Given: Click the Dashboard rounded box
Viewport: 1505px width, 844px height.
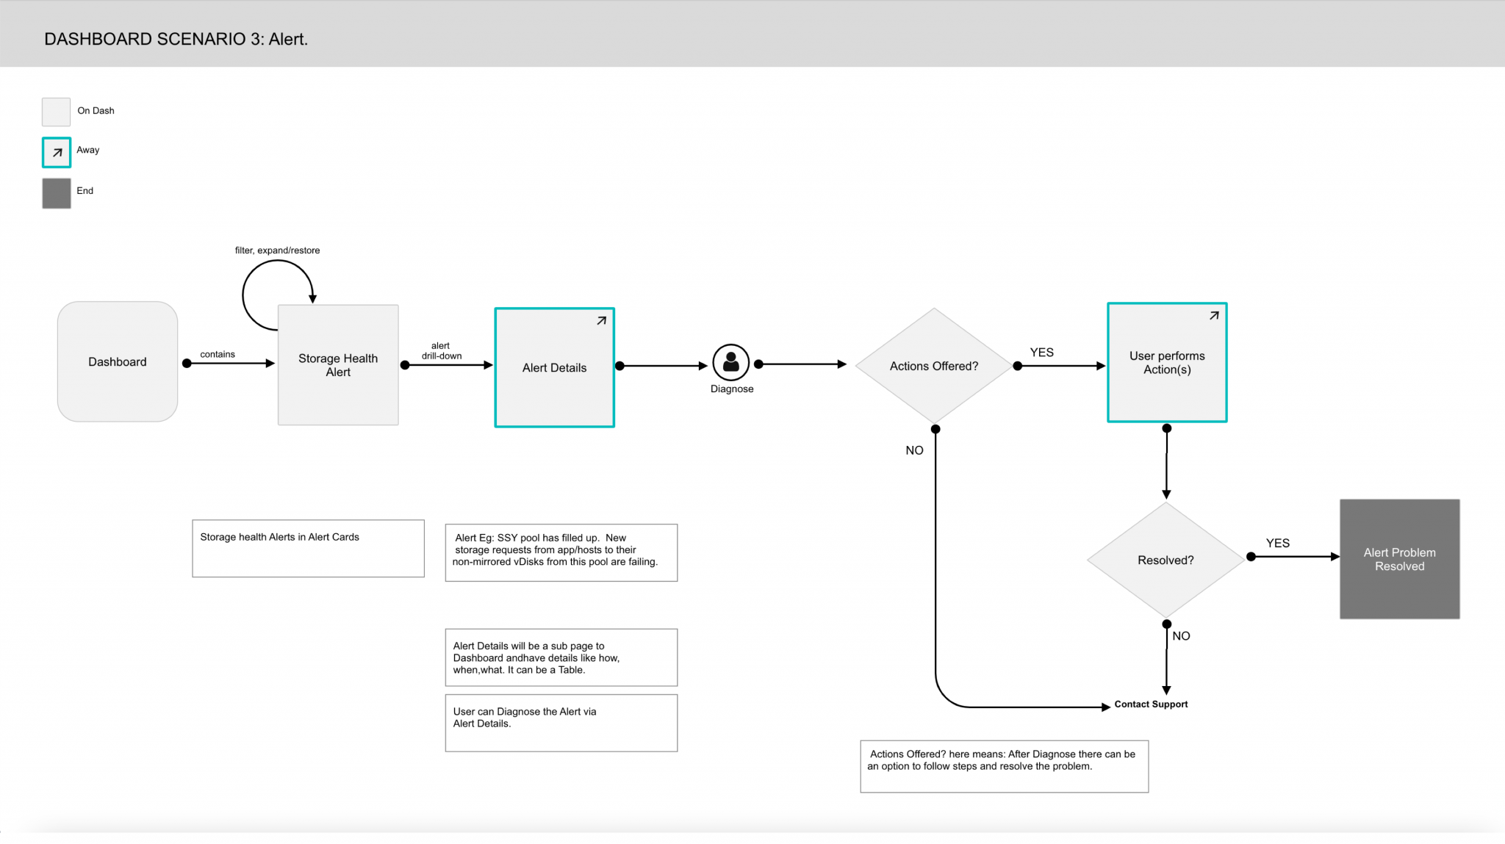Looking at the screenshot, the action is tap(118, 361).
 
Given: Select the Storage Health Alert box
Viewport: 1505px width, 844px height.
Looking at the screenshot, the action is tap(338, 365).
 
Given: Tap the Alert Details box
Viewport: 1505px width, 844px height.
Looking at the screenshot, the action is tap(555, 367).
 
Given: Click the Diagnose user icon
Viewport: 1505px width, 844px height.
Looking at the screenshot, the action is tap(731, 362).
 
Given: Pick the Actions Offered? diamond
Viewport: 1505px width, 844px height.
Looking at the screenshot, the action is tap(934, 366).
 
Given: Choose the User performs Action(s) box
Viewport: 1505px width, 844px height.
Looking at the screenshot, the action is tap(1167, 362).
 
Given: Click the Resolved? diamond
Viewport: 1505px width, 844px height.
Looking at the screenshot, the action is tap(1165, 560).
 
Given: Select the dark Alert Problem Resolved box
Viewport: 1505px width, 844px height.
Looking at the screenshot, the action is tap(1400, 559).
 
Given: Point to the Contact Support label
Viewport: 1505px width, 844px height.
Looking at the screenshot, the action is tap(1151, 704).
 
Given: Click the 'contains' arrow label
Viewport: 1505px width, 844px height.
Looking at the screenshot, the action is tap(218, 354).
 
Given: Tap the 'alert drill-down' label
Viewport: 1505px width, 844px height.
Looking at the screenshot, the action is tap(442, 350).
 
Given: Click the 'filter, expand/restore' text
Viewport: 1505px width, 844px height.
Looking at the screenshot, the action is tap(277, 250).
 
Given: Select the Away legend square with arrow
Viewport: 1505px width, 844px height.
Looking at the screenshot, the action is tap(57, 153).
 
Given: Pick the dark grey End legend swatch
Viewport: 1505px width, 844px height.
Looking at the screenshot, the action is tap(57, 193).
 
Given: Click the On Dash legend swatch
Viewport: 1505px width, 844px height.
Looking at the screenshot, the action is tap(56, 112).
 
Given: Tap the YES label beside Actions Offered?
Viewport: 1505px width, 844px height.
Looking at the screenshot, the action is tap(1042, 353).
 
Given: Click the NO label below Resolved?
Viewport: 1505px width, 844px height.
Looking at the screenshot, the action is tap(1181, 636).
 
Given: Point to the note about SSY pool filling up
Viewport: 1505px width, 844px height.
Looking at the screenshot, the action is tap(561, 552).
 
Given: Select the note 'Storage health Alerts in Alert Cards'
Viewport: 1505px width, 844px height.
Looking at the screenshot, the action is tap(309, 549).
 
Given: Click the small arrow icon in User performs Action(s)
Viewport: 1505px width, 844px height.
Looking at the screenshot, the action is tap(1214, 315).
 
